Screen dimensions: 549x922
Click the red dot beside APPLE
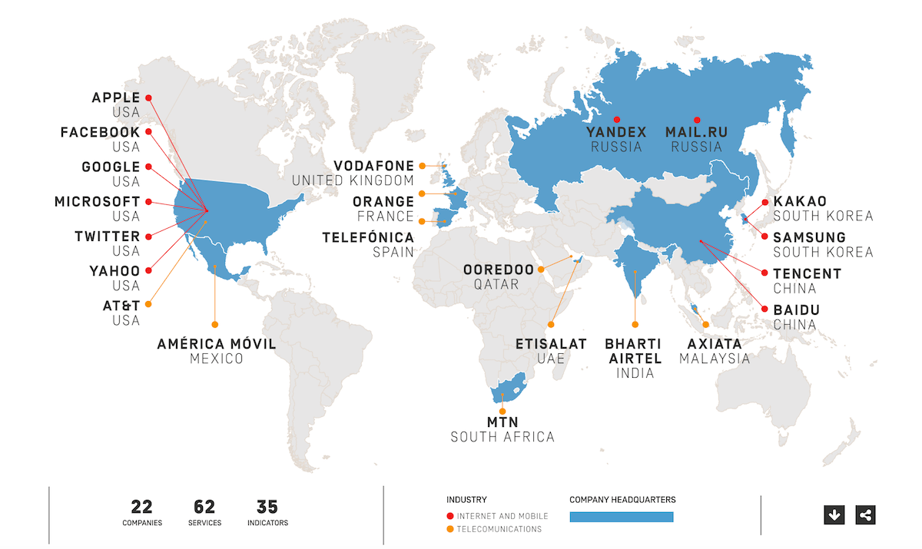click(x=148, y=98)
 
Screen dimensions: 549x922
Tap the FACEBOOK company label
click(x=100, y=132)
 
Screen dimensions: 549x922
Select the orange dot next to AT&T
click(x=148, y=304)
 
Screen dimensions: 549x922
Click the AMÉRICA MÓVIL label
click(x=216, y=344)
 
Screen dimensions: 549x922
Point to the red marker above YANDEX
click(x=617, y=120)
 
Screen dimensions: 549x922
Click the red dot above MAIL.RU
click(x=697, y=120)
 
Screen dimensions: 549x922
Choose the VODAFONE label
click(x=373, y=166)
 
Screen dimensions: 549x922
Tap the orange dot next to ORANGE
click(x=421, y=193)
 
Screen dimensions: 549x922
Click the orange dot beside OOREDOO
click(x=541, y=270)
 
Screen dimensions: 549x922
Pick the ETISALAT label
click(x=551, y=344)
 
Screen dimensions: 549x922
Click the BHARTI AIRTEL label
click(x=635, y=351)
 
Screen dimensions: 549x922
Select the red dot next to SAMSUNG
click(x=765, y=236)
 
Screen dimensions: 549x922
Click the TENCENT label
click(x=807, y=273)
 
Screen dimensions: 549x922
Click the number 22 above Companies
click(x=141, y=507)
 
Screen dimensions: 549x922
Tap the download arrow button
click(x=834, y=514)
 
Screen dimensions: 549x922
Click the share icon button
click(x=865, y=514)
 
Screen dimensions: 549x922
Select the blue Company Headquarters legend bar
click(x=621, y=517)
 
